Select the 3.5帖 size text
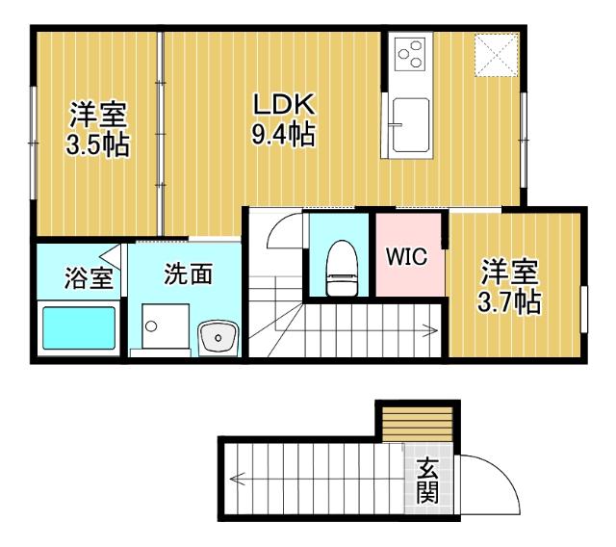[x=97, y=146]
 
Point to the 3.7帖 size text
[x=509, y=300]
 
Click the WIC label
[x=407, y=258]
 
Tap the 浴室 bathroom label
[x=88, y=279]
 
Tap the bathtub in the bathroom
[x=76, y=328]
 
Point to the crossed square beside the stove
[x=500, y=54]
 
